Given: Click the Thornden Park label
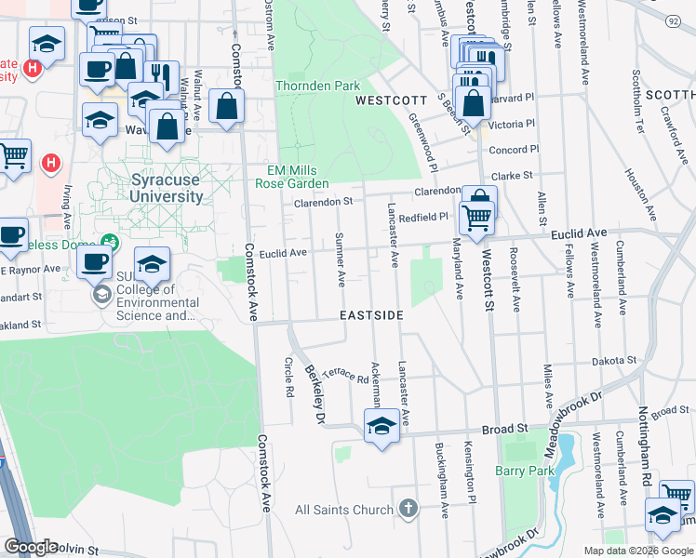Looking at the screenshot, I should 317,86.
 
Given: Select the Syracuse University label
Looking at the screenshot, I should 154,189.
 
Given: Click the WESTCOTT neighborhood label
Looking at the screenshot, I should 391,100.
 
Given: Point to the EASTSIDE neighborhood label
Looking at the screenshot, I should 371,315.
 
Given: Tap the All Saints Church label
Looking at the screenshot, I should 344,510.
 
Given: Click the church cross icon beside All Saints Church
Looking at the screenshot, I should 407,509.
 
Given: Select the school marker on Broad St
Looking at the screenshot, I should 381,427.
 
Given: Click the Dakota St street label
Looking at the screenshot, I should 617,360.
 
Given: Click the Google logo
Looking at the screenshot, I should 31,547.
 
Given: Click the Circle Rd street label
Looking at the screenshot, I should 288,378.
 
